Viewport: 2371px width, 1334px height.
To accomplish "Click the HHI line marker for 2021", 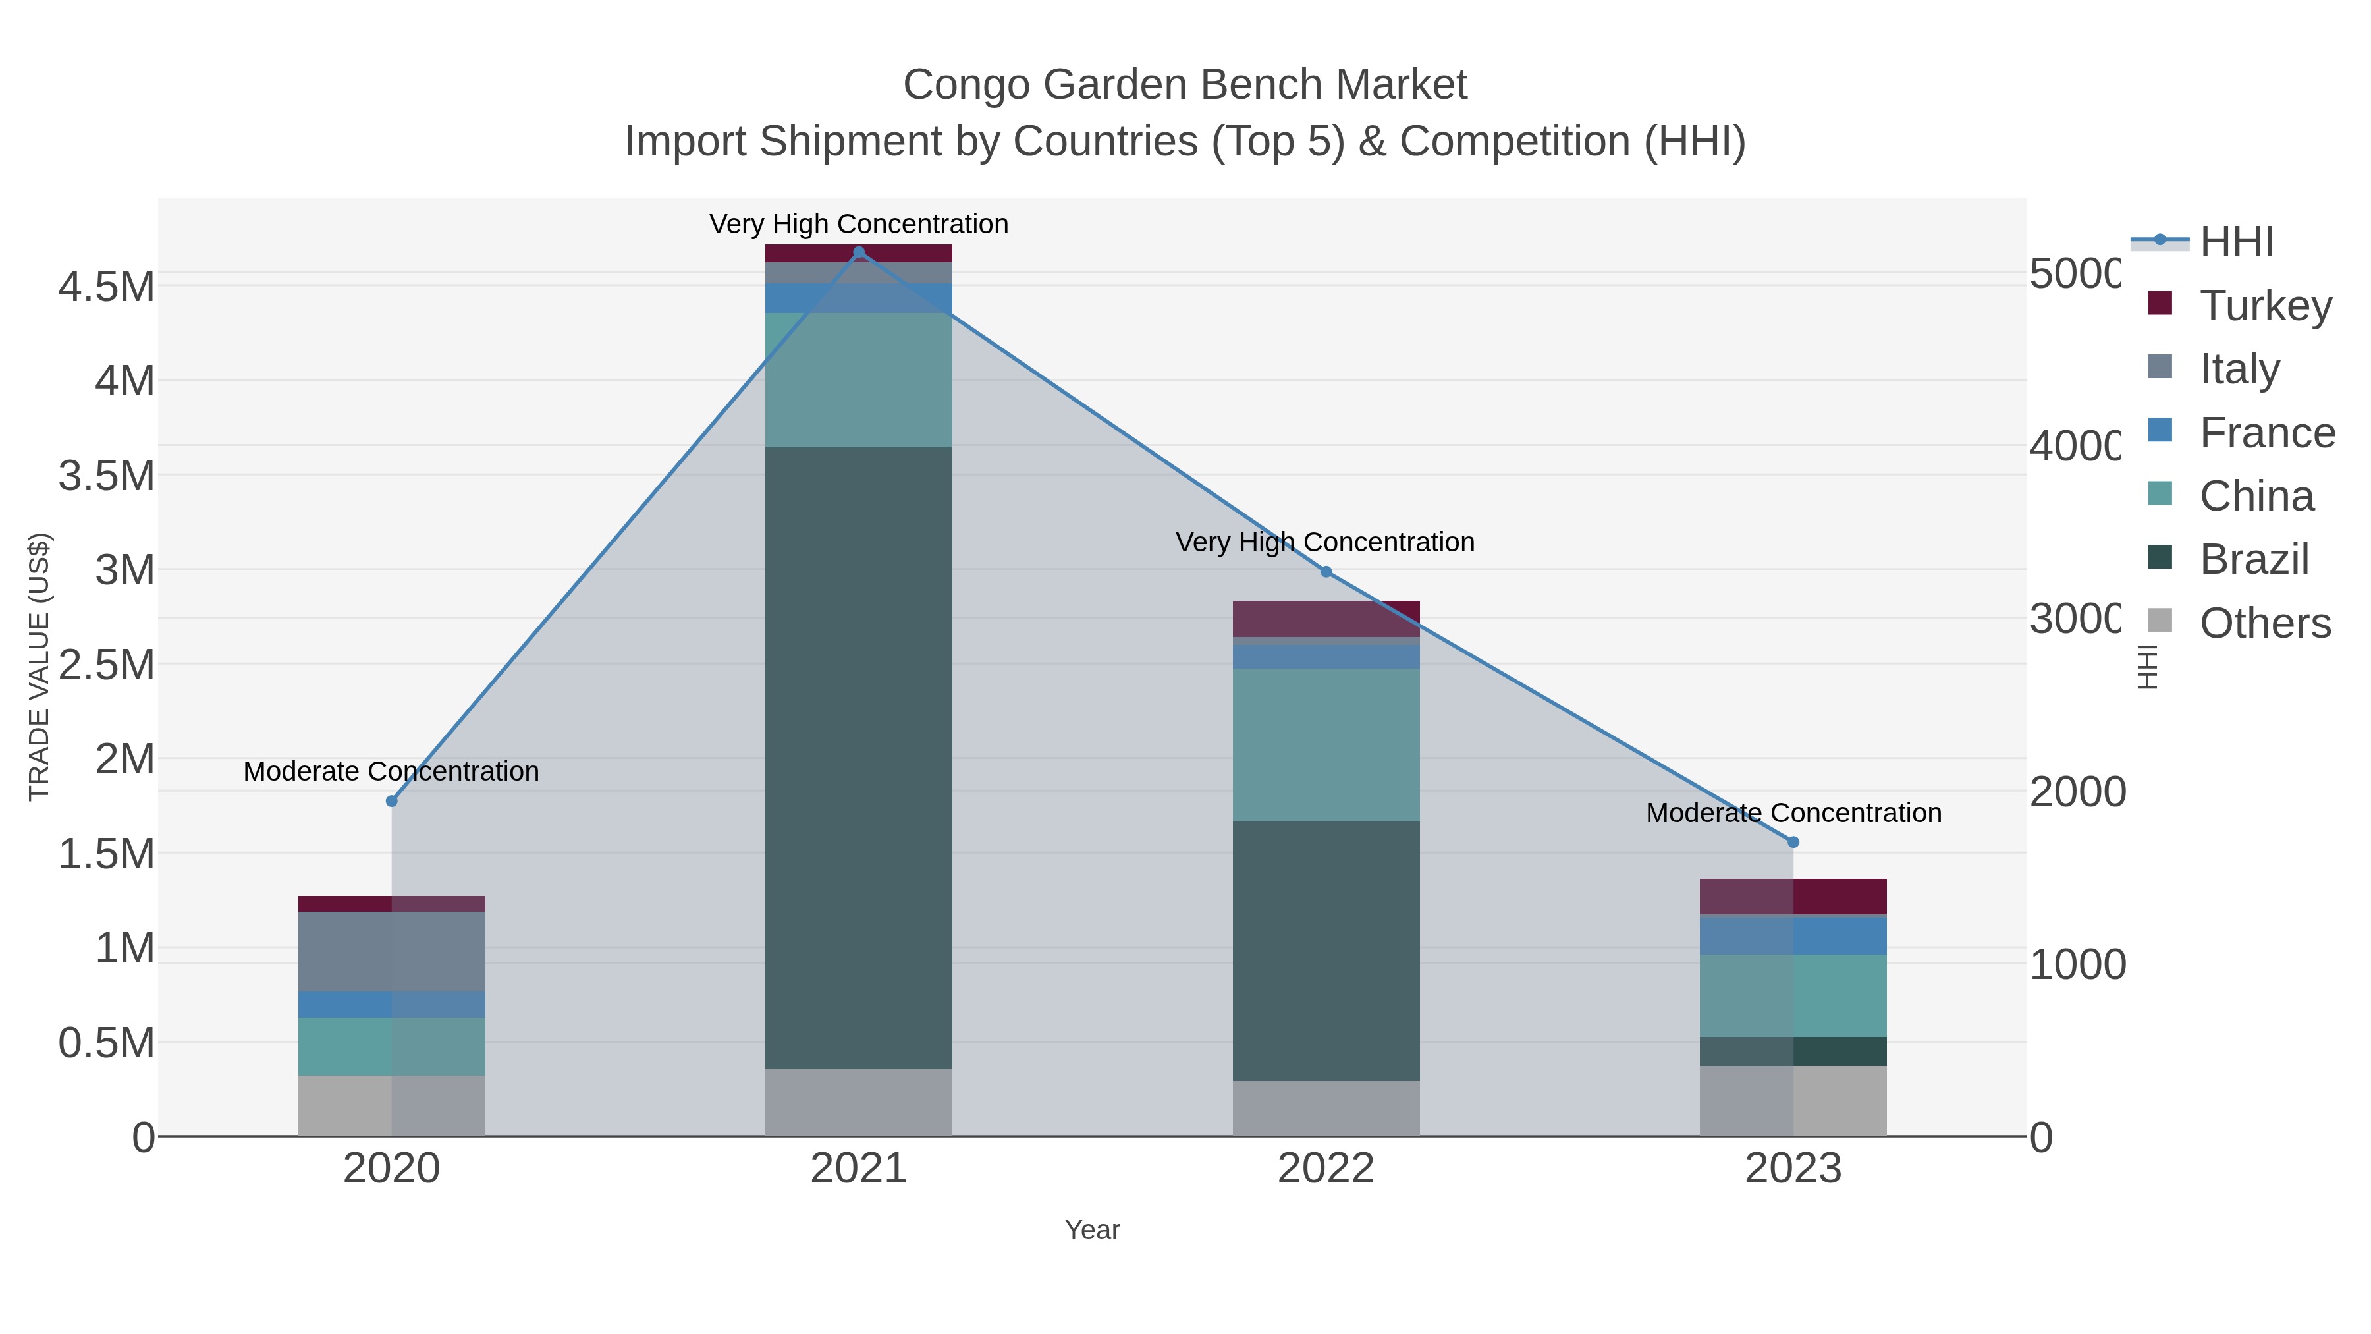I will click(x=859, y=252).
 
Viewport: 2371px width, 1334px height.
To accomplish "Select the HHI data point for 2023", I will click(x=1793, y=841).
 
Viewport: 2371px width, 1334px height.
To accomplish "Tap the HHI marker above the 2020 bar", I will click(x=391, y=801).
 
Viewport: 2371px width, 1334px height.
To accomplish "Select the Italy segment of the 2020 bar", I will click(x=391, y=951).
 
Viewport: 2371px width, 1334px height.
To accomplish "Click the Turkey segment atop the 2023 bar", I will click(x=1793, y=896).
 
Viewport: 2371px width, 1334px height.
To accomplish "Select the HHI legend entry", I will click(x=2236, y=242).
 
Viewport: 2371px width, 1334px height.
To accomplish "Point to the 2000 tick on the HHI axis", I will click(x=2077, y=792).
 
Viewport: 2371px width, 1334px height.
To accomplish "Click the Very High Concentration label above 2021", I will click(x=859, y=224).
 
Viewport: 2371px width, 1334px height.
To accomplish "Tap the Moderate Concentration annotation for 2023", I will click(x=1793, y=813).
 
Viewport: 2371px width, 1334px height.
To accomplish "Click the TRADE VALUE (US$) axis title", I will click(x=39, y=667).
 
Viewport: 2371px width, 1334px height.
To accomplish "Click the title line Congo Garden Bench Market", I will click(x=1185, y=85).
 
